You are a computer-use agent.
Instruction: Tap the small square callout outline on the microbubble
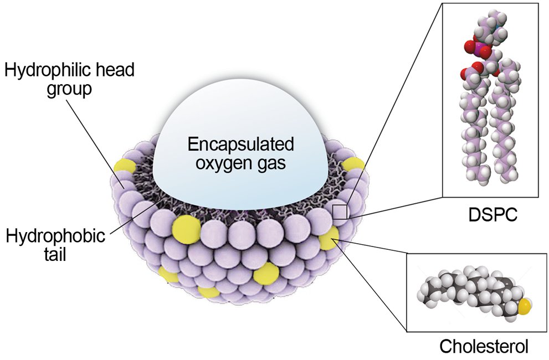point(340,212)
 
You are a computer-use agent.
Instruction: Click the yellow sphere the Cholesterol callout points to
point(329,240)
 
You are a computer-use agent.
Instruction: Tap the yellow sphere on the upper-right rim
point(353,163)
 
